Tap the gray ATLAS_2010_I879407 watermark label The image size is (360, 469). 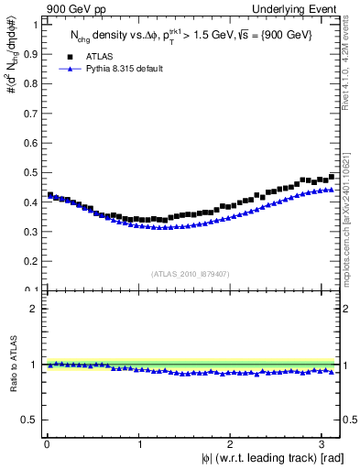coord(191,273)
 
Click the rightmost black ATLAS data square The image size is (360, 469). coord(333,176)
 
